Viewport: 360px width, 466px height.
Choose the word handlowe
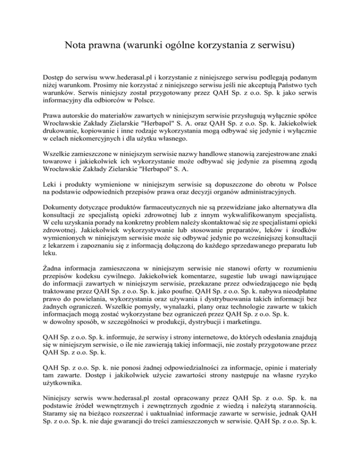(213, 166)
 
